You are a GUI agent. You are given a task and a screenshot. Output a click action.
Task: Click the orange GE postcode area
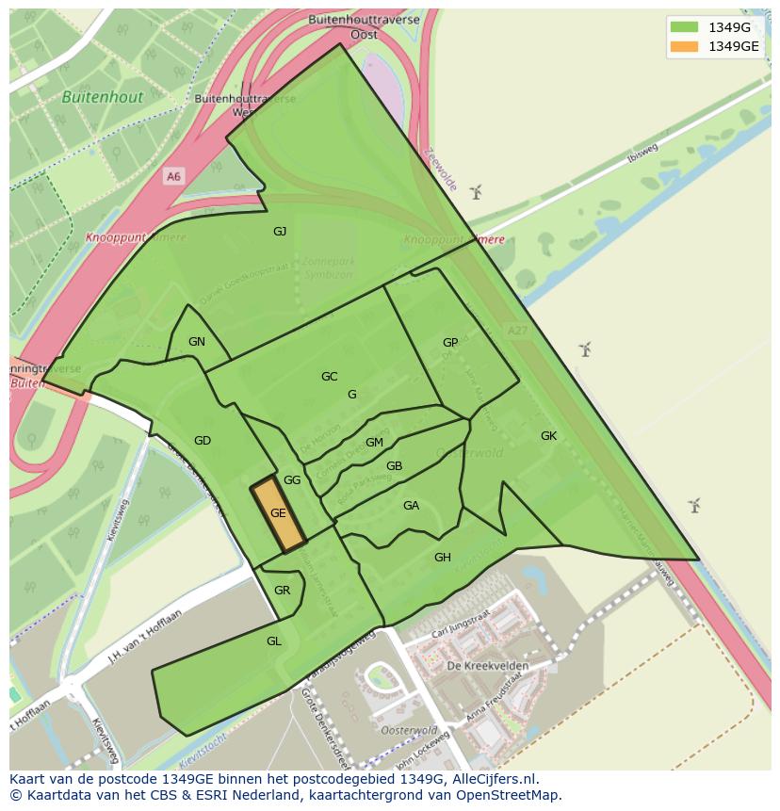point(278,514)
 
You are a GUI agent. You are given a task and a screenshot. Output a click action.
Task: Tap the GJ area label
point(280,232)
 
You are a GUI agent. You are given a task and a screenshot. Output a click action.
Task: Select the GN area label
point(196,342)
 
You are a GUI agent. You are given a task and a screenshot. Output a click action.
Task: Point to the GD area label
point(203,441)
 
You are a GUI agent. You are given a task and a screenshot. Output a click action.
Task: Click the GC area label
point(329,377)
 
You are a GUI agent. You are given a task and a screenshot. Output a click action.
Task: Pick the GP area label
point(450,343)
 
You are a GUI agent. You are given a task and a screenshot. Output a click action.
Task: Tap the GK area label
point(549,436)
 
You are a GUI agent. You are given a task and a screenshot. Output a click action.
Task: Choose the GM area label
point(374,443)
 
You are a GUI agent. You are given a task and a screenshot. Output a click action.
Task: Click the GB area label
point(395,466)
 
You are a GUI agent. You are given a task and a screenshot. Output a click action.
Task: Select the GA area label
point(411,506)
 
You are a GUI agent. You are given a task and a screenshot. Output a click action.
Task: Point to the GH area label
point(443,558)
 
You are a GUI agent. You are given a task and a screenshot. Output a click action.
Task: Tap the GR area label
point(282,591)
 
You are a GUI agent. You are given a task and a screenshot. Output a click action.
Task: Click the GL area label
point(274,641)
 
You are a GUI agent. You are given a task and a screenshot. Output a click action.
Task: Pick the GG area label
point(292,480)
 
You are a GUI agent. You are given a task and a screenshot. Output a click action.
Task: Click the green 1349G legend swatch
point(685,26)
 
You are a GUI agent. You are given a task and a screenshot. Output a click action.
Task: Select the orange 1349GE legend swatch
point(685,46)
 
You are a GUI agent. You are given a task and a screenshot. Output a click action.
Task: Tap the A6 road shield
point(173,176)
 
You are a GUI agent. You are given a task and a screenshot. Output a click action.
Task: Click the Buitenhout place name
point(103,97)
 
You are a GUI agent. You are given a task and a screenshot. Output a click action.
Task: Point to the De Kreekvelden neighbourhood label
point(487,666)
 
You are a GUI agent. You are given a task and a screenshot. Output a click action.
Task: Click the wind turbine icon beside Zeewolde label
point(476,192)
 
